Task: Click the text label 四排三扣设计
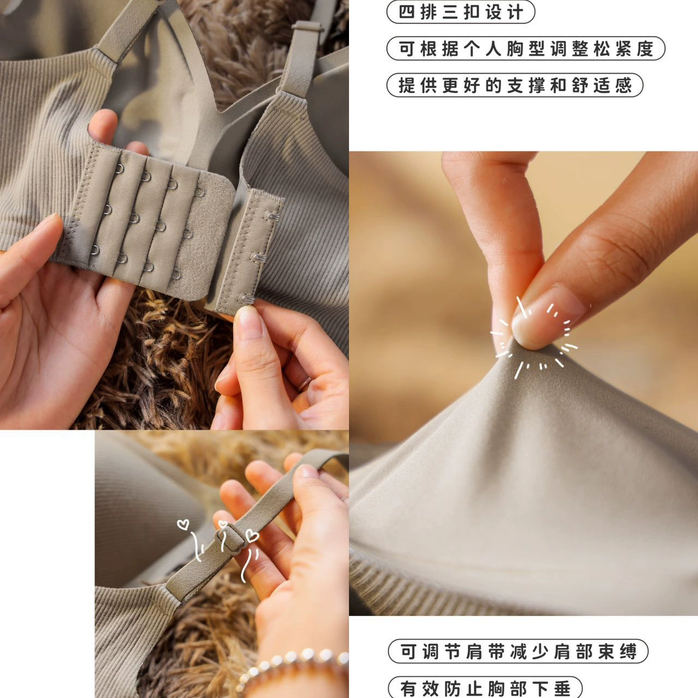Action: [x=460, y=13]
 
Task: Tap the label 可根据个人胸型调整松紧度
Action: [x=526, y=48]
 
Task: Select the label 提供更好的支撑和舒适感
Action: [x=515, y=85]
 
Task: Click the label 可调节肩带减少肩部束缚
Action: [x=518, y=651]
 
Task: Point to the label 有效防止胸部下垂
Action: [x=485, y=688]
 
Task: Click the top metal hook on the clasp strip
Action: [x=272, y=216]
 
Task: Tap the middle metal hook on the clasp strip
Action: [x=260, y=257]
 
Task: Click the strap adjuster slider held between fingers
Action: [x=230, y=540]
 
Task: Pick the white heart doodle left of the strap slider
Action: [x=183, y=525]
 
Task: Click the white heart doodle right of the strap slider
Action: [x=252, y=535]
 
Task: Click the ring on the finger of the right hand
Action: [x=304, y=384]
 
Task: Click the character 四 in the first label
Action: [x=406, y=13]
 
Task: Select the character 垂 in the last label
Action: [x=563, y=688]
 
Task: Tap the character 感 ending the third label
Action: [x=623, y=85]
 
